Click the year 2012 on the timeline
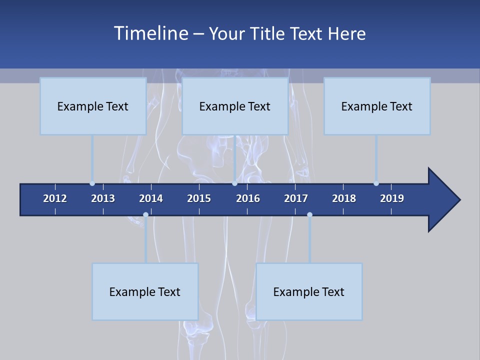pos(55,198)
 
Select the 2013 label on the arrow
pos(103,198)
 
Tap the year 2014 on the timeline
pos(151,198)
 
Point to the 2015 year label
pos(199,198)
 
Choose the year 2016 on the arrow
pos(248,198)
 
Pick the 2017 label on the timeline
pos(296,198)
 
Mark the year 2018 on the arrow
pos(344,198)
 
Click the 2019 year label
pos(392,198)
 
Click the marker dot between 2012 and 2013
pos(92,183)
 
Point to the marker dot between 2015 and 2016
pos(234,183)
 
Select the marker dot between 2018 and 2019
pos(376,183)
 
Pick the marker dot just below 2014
pos(145,215)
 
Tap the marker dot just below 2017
pos(309,215)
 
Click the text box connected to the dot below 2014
pos(145,291)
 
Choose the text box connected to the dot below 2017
pos(309,291)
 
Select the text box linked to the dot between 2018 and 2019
pos(377,106)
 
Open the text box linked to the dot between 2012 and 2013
pos(93,106)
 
